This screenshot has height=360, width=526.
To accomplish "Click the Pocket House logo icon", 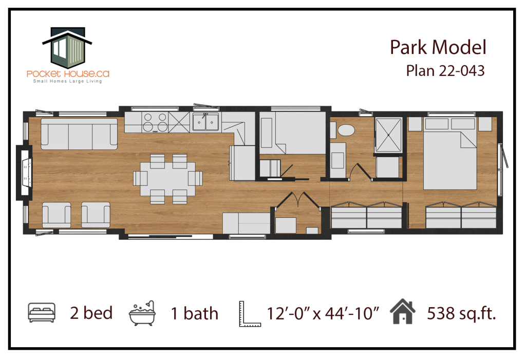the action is tap(67, 47).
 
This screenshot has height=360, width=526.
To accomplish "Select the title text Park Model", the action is tap(438, 47).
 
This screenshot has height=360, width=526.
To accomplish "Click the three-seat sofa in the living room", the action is tap(79, 134).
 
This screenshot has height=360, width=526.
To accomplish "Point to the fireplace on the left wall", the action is tap(24, 173).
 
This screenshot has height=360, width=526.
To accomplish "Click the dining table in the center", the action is tap(168, 179).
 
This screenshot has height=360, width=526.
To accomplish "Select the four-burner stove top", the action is tap(155, 122).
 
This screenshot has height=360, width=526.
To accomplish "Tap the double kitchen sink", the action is tap(205, 121).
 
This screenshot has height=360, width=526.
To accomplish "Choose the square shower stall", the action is tap(388, 135).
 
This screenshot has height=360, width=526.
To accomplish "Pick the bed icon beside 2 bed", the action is tap(42, 312).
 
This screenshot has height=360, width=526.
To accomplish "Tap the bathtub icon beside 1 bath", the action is tap(142, 313).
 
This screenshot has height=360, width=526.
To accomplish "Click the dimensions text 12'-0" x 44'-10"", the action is tap(323, 314).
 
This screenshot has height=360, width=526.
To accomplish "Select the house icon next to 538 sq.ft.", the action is tap(403, 311).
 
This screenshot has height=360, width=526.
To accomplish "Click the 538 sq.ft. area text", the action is tap(461, 313).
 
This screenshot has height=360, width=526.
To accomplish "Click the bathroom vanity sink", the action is tap(338, 160).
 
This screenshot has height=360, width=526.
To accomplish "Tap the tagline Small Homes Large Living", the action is tap(67, 81).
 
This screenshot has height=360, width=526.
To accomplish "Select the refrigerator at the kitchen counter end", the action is tap(242, 163).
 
